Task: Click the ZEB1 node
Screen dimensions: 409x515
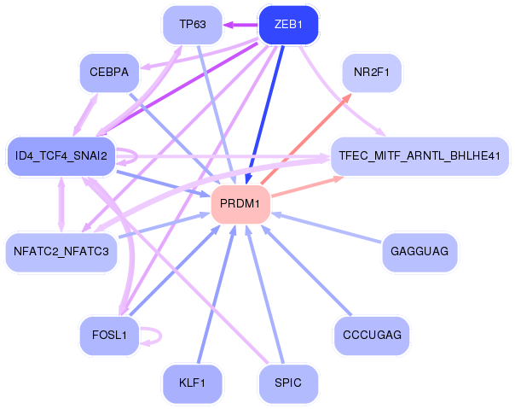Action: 288,25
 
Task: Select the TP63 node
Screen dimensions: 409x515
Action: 193,25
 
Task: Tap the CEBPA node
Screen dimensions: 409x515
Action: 108,73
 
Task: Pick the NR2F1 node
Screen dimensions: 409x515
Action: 371,73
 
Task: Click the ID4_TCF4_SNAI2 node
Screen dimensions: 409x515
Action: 61,155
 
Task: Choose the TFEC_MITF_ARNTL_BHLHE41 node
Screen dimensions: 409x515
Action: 420,155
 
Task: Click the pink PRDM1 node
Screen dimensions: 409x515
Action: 240,204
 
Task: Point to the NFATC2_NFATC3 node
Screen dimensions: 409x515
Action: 61,251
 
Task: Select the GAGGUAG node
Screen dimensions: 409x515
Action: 420,251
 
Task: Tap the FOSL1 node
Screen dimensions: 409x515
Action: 108,335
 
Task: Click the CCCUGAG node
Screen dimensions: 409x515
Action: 371,335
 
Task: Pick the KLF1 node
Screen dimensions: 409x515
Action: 193,383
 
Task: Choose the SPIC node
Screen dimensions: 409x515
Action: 288,383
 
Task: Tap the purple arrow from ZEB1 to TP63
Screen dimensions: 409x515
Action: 241,25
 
